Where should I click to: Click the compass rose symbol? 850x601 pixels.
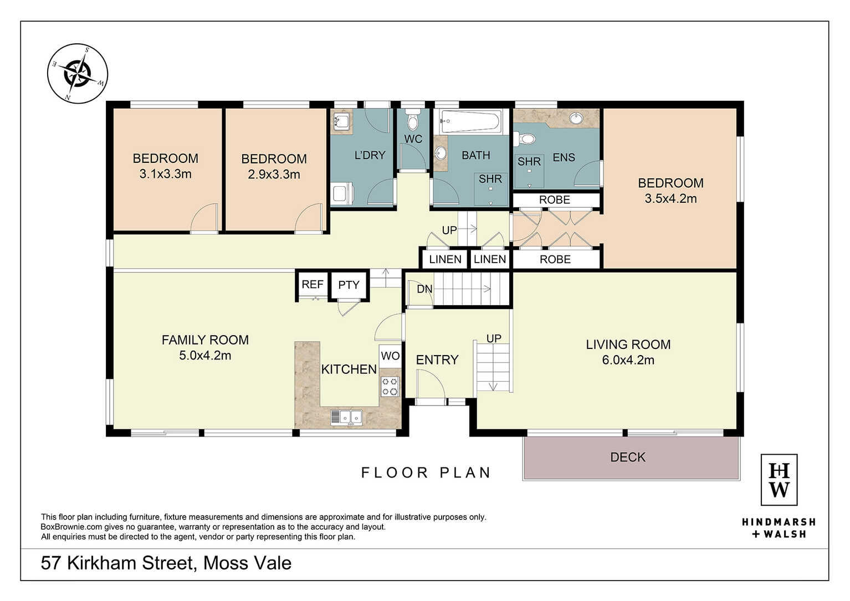[x=78, y=73]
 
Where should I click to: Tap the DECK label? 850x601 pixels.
[x=628, y=457]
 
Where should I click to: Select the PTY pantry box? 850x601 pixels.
[x=349, y=285]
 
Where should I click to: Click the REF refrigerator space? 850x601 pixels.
[x=313, y=285]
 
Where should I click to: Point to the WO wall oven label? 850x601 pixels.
[x=390, y=356]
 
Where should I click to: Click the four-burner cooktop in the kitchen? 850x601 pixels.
[x=390, y=386]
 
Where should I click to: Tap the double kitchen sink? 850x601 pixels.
[x=346, y=417]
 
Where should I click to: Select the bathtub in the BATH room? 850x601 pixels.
[x=470, y=121]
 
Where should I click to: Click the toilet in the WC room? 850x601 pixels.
[x=412, y=120]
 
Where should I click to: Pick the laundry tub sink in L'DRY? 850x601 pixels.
[x=341, y=121]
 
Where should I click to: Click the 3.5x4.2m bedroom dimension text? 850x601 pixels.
[x=670, y=199]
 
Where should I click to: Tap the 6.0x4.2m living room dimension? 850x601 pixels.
[x=628, y=360]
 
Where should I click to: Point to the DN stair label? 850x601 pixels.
[x=424, y=289]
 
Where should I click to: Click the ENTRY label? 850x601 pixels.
[x=437, y=359]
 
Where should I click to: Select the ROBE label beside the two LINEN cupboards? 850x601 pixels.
[x=555, y=260]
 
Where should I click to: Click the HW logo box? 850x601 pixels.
[x=779, y=480]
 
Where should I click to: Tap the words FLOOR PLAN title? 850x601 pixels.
[x=426, y=472]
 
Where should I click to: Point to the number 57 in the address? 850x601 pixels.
[x=51, y=563]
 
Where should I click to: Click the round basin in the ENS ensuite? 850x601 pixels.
[x=576, y=118]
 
